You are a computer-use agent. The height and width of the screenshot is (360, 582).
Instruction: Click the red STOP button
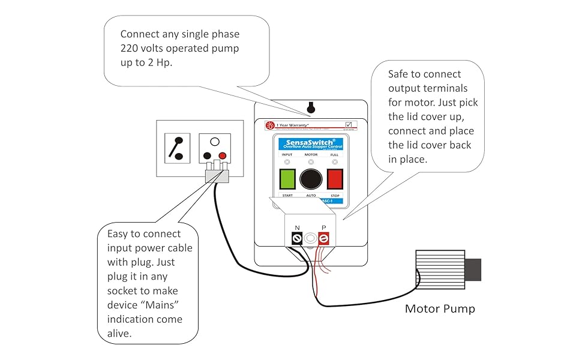click(335, 179)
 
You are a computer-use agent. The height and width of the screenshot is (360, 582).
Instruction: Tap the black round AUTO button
click(311, 179)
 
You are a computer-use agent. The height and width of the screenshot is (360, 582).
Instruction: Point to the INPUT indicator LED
click(287, 162)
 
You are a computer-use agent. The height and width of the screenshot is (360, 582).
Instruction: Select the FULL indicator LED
click(335, 162)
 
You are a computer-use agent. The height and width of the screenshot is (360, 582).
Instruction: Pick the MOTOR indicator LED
click(311, 162)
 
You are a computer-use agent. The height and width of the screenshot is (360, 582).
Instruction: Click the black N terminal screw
click(296, 239)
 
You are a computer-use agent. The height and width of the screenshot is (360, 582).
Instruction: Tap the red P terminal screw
click(324, 239)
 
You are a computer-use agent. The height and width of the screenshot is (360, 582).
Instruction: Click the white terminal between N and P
click(310, 239)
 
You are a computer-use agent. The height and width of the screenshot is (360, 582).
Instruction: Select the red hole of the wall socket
click(223, 156)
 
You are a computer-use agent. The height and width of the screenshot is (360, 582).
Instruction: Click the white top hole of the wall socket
click(214, 142)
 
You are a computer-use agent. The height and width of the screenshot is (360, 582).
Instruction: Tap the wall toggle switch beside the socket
click(178, 148)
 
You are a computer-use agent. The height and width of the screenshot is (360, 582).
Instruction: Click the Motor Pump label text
click(440, 309)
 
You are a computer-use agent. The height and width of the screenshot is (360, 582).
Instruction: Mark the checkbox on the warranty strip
click(349, 125)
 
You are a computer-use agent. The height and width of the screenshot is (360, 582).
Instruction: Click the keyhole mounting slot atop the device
click(310, 108)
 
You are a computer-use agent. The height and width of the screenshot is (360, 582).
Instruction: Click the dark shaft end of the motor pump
click(473, 269)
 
